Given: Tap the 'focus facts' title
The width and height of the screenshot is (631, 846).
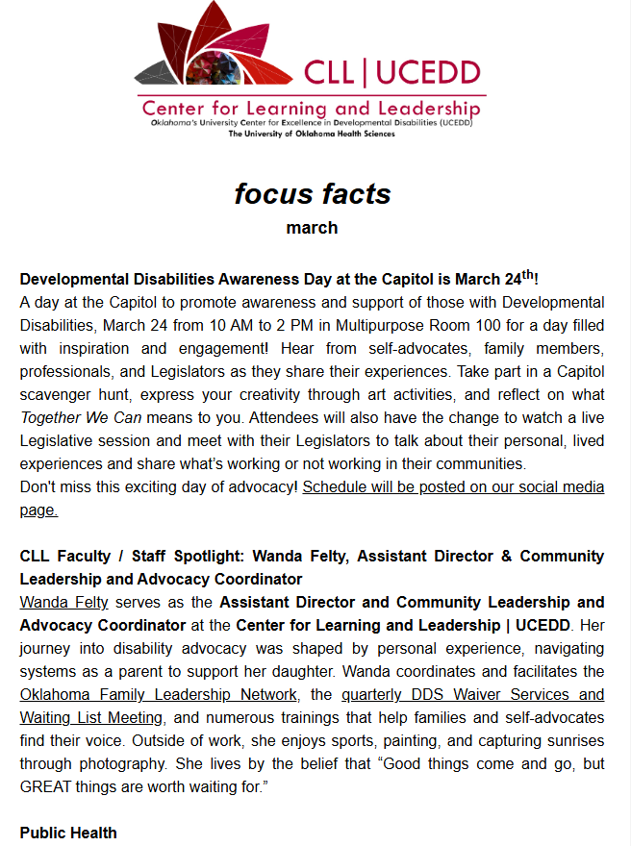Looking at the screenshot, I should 313,193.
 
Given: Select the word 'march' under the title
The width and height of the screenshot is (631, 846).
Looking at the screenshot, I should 313,228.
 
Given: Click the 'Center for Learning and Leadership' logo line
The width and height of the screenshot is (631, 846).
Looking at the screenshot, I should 311,107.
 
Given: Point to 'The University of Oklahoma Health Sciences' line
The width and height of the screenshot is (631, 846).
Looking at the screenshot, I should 311,134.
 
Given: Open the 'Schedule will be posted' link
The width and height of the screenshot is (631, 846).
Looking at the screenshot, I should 453,486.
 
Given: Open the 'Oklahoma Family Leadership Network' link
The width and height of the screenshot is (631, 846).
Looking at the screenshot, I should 158,694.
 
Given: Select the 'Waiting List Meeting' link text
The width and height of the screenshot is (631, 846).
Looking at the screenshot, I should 91,717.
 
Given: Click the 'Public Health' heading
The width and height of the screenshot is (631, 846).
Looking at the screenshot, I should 68,833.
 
